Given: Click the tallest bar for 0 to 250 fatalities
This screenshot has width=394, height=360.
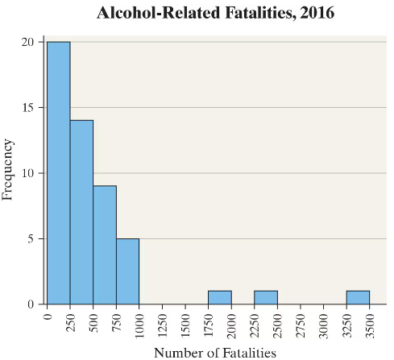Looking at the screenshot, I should (x=58, y=172).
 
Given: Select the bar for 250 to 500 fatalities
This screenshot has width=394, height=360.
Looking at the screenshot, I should (x=81, y=212).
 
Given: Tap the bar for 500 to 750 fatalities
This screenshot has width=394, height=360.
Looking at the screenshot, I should (x=104, y=245).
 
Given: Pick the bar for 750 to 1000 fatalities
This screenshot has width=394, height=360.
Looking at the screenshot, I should (x=127, y=271).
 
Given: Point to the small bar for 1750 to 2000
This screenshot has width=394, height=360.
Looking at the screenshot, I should (x=219, y=297).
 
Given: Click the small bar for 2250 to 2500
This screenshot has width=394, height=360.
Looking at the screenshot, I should (x=266, y=297).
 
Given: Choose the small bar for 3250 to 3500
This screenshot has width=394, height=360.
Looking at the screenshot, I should (x=358, y=297).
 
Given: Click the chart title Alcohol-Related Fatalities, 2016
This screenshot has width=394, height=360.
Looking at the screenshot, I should (x=214, y=13).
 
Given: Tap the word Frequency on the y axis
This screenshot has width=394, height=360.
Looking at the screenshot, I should (x=10, y=170).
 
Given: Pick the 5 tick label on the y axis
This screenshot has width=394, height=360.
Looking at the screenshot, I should (x=31, y=238).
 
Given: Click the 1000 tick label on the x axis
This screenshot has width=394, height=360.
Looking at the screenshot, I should (x=140, y=323).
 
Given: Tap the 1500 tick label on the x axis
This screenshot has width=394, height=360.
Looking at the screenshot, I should (x=186, y=323).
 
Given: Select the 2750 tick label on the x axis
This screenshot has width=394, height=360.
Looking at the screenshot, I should (x=301, y=323).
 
